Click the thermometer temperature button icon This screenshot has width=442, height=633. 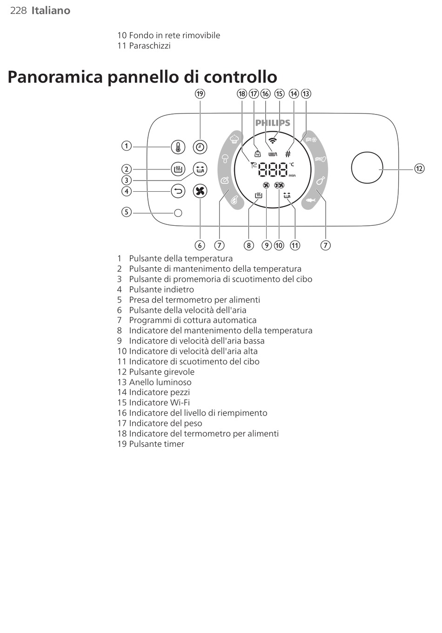(x=178, y=147)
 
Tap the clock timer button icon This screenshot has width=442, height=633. (x=200, y=147)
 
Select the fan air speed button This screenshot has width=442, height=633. (x=200, y=191)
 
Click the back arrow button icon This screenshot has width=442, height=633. (x=178, y=191)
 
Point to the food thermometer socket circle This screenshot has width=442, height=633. (x=178, y=213)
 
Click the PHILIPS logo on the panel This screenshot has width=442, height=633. (x=273, y=123)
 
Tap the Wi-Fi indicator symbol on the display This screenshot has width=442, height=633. (x=273, y=140)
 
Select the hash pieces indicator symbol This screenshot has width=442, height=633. (x=288, y=154)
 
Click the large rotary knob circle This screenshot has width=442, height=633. (x=367, y=168)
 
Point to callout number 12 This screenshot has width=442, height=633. (x=419, y=168)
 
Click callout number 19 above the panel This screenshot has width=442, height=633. (x=200, y=94)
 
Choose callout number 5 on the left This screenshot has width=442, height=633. (x=126, y=212)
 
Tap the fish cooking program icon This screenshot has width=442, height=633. (x=311, y=200)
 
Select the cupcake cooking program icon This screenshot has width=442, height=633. (x=234, y=139)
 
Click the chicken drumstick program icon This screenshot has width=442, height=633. (x=320, y=180)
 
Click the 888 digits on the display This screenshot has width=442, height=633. (x=273, y=169)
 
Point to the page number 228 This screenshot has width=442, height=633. (x=18, y=10)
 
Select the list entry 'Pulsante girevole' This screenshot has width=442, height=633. (x=161, y=372)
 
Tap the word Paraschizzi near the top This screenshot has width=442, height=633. (x=149, y=46)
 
